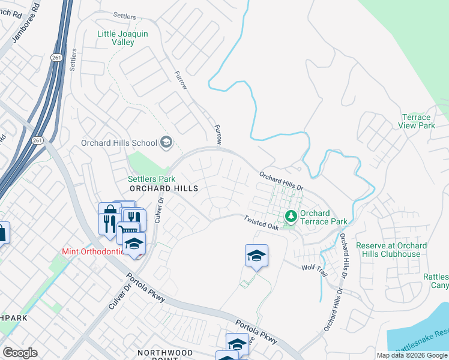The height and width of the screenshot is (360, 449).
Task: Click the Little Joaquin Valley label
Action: point(124,38)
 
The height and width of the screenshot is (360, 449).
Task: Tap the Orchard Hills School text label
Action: point(119,143)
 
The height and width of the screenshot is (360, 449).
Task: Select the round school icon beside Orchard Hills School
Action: point(166,142)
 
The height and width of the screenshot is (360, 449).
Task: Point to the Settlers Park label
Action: point(151,179)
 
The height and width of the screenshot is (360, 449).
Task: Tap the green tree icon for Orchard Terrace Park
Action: point(291,214)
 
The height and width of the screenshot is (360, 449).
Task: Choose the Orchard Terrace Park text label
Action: point(323,217)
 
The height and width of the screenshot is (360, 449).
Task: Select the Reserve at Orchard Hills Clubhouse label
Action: point(391,250)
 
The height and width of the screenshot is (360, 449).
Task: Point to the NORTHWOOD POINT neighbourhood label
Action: point(165,353)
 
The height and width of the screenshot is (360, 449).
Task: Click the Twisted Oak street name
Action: point(261,223)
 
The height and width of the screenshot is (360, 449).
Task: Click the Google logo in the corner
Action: point(20,352)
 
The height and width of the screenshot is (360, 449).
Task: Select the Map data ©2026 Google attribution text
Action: point(412,355)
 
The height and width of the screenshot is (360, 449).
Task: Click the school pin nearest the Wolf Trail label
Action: point(256,256)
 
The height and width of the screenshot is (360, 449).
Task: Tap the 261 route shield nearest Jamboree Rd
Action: point(55,57)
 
